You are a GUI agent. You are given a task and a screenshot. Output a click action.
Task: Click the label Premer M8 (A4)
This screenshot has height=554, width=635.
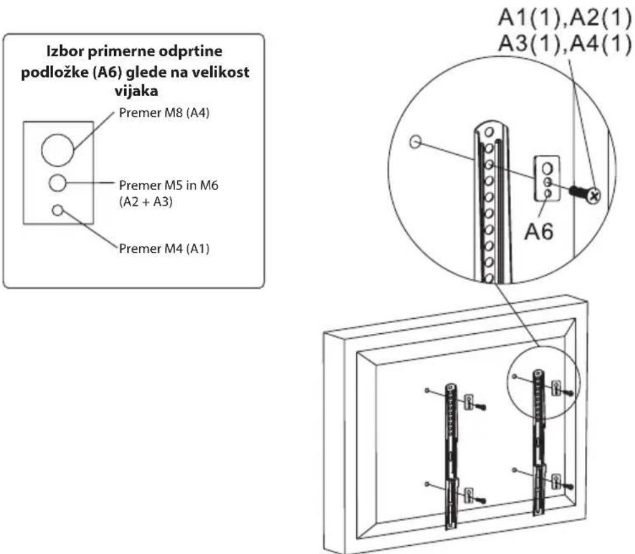[164, 113]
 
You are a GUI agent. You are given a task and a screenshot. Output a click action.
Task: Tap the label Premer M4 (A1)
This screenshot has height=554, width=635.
[164, 249]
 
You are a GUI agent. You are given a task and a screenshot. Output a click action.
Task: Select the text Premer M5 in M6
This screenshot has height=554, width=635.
[168, 185]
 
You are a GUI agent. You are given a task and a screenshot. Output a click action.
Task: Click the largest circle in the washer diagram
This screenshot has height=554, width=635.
[58, 150]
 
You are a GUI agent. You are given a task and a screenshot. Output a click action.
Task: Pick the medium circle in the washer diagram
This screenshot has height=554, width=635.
[58, 183]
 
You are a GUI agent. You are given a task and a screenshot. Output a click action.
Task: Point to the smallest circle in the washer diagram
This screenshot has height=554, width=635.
[58, 211]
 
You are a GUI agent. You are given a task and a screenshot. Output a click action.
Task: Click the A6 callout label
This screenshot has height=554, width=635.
[539, 232]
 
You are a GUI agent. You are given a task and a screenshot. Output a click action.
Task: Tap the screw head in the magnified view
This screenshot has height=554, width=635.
[594, 196]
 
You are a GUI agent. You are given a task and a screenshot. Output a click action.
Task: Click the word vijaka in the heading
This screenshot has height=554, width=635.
[136, 90]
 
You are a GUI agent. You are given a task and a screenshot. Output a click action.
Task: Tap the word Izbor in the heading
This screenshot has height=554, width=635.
[64, 51]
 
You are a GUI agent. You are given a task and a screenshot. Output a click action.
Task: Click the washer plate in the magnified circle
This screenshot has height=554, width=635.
[547, 178]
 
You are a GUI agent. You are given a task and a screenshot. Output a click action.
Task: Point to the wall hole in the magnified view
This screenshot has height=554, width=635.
[415, 142]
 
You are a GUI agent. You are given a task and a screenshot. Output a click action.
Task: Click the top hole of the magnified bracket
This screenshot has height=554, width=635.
[489, 132]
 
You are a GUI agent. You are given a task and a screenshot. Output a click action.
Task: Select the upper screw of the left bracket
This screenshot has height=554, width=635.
[481, 406]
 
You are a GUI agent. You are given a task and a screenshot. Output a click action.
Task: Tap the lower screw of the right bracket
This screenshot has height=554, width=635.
[568, 486]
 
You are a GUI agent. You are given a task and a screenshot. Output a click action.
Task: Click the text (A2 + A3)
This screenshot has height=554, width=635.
[146, 202]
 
